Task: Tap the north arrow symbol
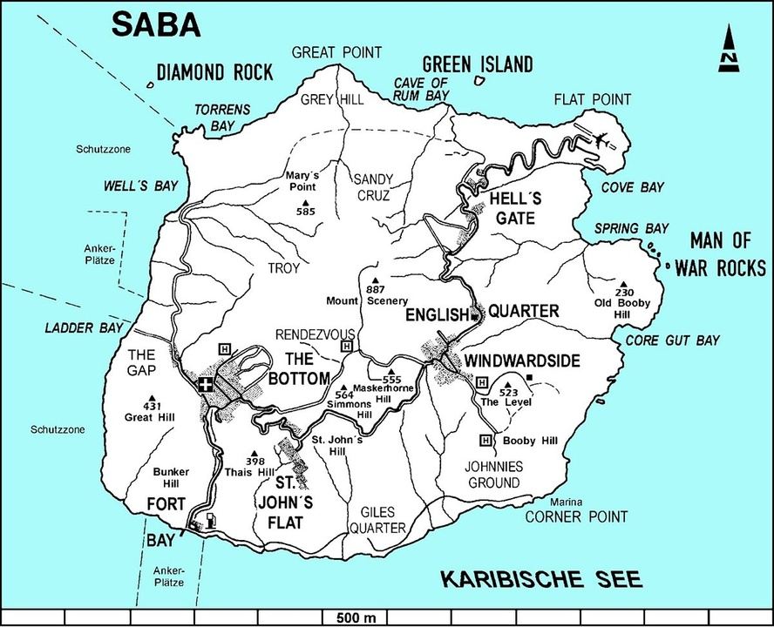click(x=728, y=48)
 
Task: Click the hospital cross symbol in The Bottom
click(x=206, y=384)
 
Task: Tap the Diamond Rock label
click(x=214, y=72)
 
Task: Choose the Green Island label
click(x=477, y=64)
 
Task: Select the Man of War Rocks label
click(x=726, y=253)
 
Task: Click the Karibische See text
click(x=540, y=578)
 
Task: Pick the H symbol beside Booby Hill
click(x=486, y=440)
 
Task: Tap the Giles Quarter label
click(x=377, y=520)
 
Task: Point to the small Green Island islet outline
click(x=479, y=81)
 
